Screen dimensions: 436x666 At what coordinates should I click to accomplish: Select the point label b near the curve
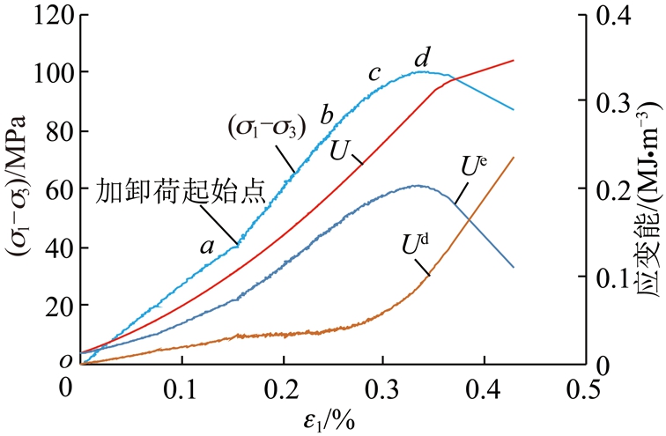(326, 115)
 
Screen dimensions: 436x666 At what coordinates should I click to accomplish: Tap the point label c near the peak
(374, 74)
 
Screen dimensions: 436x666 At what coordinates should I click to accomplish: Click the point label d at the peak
(422, 59)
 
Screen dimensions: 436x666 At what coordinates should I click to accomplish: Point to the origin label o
(65, 361)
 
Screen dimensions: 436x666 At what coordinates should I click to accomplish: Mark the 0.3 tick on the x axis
(383, 386)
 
